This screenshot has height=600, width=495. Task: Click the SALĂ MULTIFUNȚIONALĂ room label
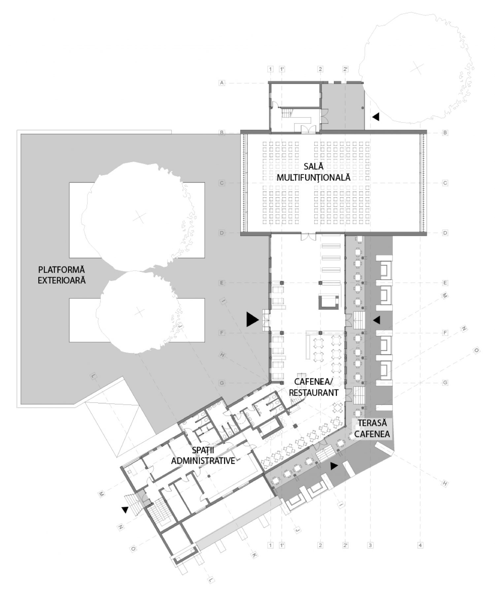coord(313,172)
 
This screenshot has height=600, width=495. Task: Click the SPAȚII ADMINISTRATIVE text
coord(203,455)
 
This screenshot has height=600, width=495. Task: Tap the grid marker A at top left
coord(222,83)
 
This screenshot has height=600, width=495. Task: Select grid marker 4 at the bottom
coord(420,545)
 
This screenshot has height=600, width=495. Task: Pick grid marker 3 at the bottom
coord(370,545)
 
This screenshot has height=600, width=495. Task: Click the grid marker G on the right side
coord(445,383)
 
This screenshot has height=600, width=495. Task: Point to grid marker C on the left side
coord(222,183)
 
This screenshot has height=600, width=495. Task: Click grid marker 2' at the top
coord(345,69)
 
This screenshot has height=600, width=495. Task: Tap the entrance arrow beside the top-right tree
coord(376,117)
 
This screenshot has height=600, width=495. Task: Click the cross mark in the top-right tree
coord(417,69)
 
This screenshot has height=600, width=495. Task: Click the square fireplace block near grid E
coord(328,302)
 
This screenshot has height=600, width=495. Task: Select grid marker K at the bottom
coord(254,555)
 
